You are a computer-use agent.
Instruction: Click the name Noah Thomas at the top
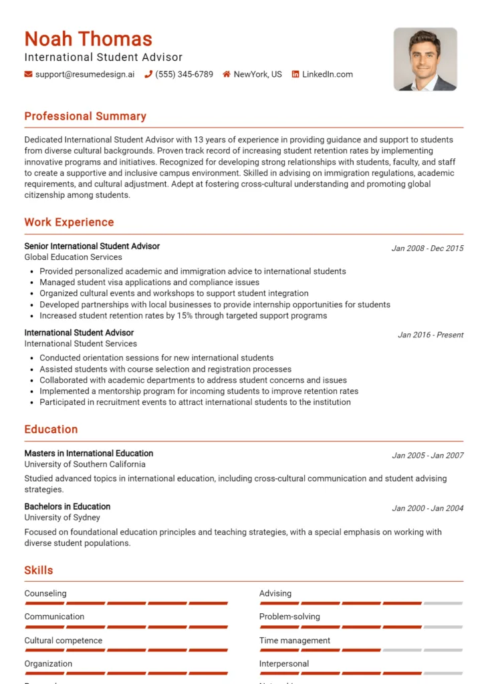tap(88, 39)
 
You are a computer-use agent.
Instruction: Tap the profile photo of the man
tap(425, 59)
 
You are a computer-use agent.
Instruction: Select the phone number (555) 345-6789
tap(184, 74)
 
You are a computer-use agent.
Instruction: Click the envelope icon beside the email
tap(28, 74)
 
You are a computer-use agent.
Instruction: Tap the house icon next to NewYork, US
tap(227, 74)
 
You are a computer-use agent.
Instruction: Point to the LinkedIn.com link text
tap(327, 74)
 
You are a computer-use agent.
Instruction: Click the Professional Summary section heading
tap(85, 116)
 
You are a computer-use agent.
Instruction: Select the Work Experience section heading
tap(69, 222)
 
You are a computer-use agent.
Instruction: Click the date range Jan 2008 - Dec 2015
tap(427, 248)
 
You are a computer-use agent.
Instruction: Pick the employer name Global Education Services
tap(73, 257)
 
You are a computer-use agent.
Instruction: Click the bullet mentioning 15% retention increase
tap(183, 315)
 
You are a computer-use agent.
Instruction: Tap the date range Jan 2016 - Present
tap(431, 335)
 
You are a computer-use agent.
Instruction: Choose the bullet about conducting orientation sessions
tap(156, 358)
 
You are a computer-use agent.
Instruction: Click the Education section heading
tap(51, 430)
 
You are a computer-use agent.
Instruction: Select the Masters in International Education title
tap(89, 454)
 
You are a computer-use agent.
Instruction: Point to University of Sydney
tap(62, 518)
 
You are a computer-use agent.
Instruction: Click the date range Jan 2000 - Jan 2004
tap(427, 508)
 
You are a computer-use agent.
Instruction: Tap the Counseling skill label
tap(45, 593)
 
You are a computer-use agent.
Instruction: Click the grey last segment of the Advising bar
tap(443, 603)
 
